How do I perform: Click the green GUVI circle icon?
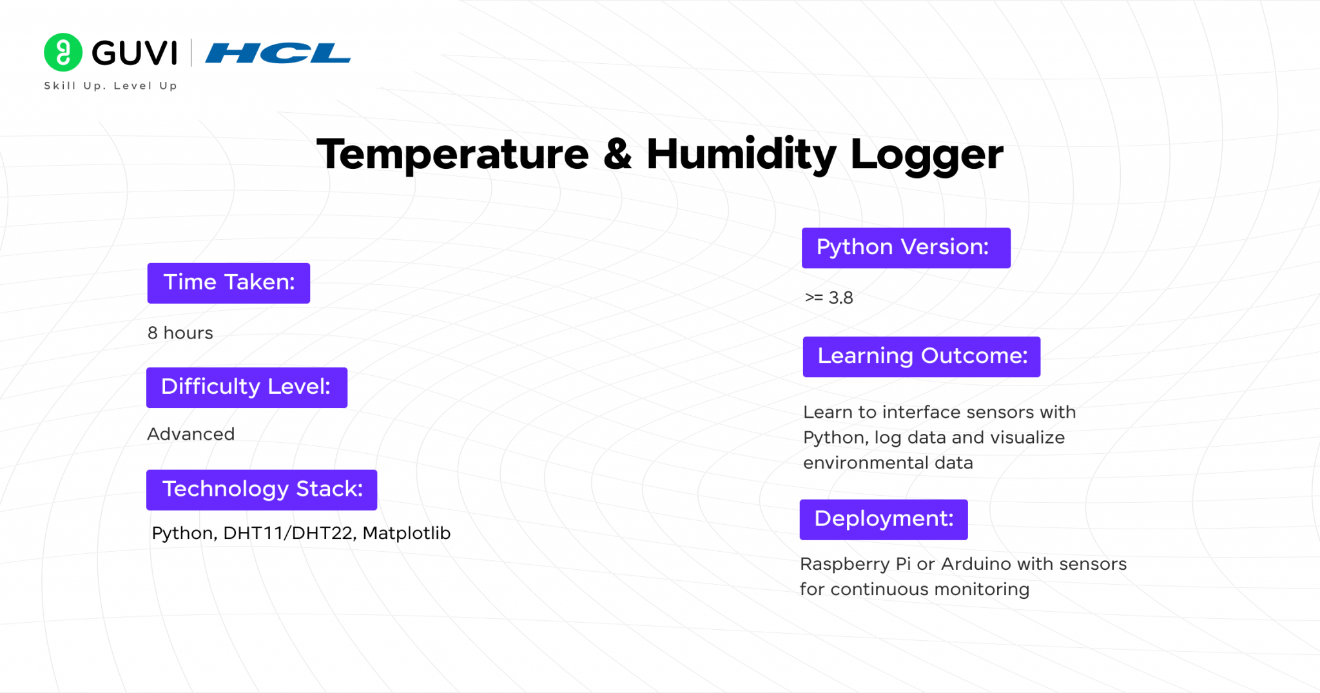pos(63,52)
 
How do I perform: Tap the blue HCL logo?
pos(278,53)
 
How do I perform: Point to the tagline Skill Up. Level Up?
pos(110,86)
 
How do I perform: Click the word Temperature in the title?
pos(452,155)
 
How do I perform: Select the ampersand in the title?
pos(617,155)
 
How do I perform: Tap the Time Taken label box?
pos(229,283)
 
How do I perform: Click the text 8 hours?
pos(180,333)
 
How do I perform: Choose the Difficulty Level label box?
pos(246,387)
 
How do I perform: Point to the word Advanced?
pos(191,434)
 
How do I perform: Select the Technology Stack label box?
pos(262,489)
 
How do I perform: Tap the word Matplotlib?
pos(406,533)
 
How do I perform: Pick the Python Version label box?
pos(906,248)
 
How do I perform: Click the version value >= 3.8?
pos(829,298)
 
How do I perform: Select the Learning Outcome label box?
pos(921,356)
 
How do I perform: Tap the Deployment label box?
pos(884,520)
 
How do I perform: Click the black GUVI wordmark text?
pos(134,53)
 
